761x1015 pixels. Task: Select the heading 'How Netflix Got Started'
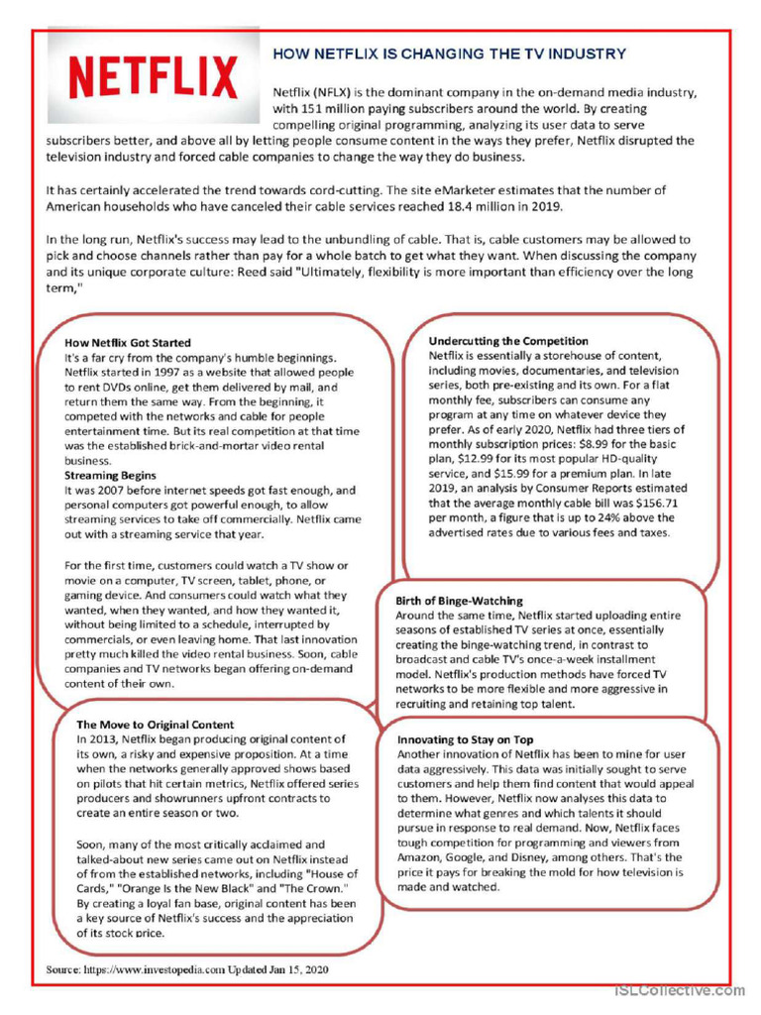(128, 343)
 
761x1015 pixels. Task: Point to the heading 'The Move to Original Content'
(156, 725)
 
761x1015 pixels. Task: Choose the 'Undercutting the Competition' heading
(508, 341)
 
